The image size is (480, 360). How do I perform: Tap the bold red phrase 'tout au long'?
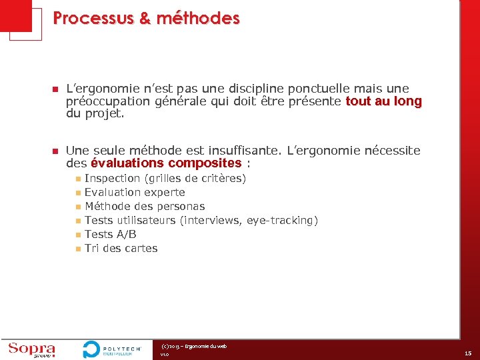[383, 101]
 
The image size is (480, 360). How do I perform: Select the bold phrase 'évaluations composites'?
[166, 163]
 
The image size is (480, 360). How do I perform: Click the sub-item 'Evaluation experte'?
[135, 193]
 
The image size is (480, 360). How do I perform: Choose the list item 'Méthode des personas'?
[145, 207]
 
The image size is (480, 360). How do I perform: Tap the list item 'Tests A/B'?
[111, 234]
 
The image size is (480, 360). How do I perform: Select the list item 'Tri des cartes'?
[121, 248]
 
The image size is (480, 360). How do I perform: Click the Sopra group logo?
[31, 350]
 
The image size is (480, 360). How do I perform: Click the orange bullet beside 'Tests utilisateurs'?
[78, 221]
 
